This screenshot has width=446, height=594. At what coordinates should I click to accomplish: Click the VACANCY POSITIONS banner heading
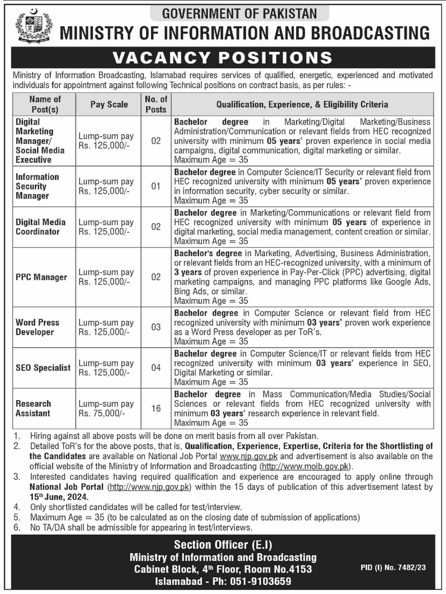click(223, 58)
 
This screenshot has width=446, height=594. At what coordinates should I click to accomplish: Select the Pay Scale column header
click(109, 104)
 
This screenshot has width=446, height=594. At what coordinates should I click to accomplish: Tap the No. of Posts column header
click(156, 104)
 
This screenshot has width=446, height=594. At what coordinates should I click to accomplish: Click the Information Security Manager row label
click(37, 186)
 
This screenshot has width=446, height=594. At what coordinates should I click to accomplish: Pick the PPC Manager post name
click(41, 277)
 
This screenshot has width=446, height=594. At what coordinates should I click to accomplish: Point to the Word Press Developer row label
click(37, 327)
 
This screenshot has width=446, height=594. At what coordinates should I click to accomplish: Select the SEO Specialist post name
click(43, 368)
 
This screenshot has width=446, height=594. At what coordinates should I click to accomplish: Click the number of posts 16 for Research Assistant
click(156, 408)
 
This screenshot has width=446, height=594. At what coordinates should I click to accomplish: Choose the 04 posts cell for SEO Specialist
click(156, 368)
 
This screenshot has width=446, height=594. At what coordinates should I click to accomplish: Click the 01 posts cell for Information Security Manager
click(156, 186)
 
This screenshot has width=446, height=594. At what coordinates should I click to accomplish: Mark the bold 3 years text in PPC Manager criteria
click(188, 272)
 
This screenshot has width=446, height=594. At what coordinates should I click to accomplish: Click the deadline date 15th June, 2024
click(59, 497)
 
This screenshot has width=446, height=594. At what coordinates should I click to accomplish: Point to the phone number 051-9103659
click(261, 581)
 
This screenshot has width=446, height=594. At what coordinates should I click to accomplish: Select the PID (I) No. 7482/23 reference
click(393, 567)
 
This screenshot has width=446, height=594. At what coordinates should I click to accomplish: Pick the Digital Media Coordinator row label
click(41, 227)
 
